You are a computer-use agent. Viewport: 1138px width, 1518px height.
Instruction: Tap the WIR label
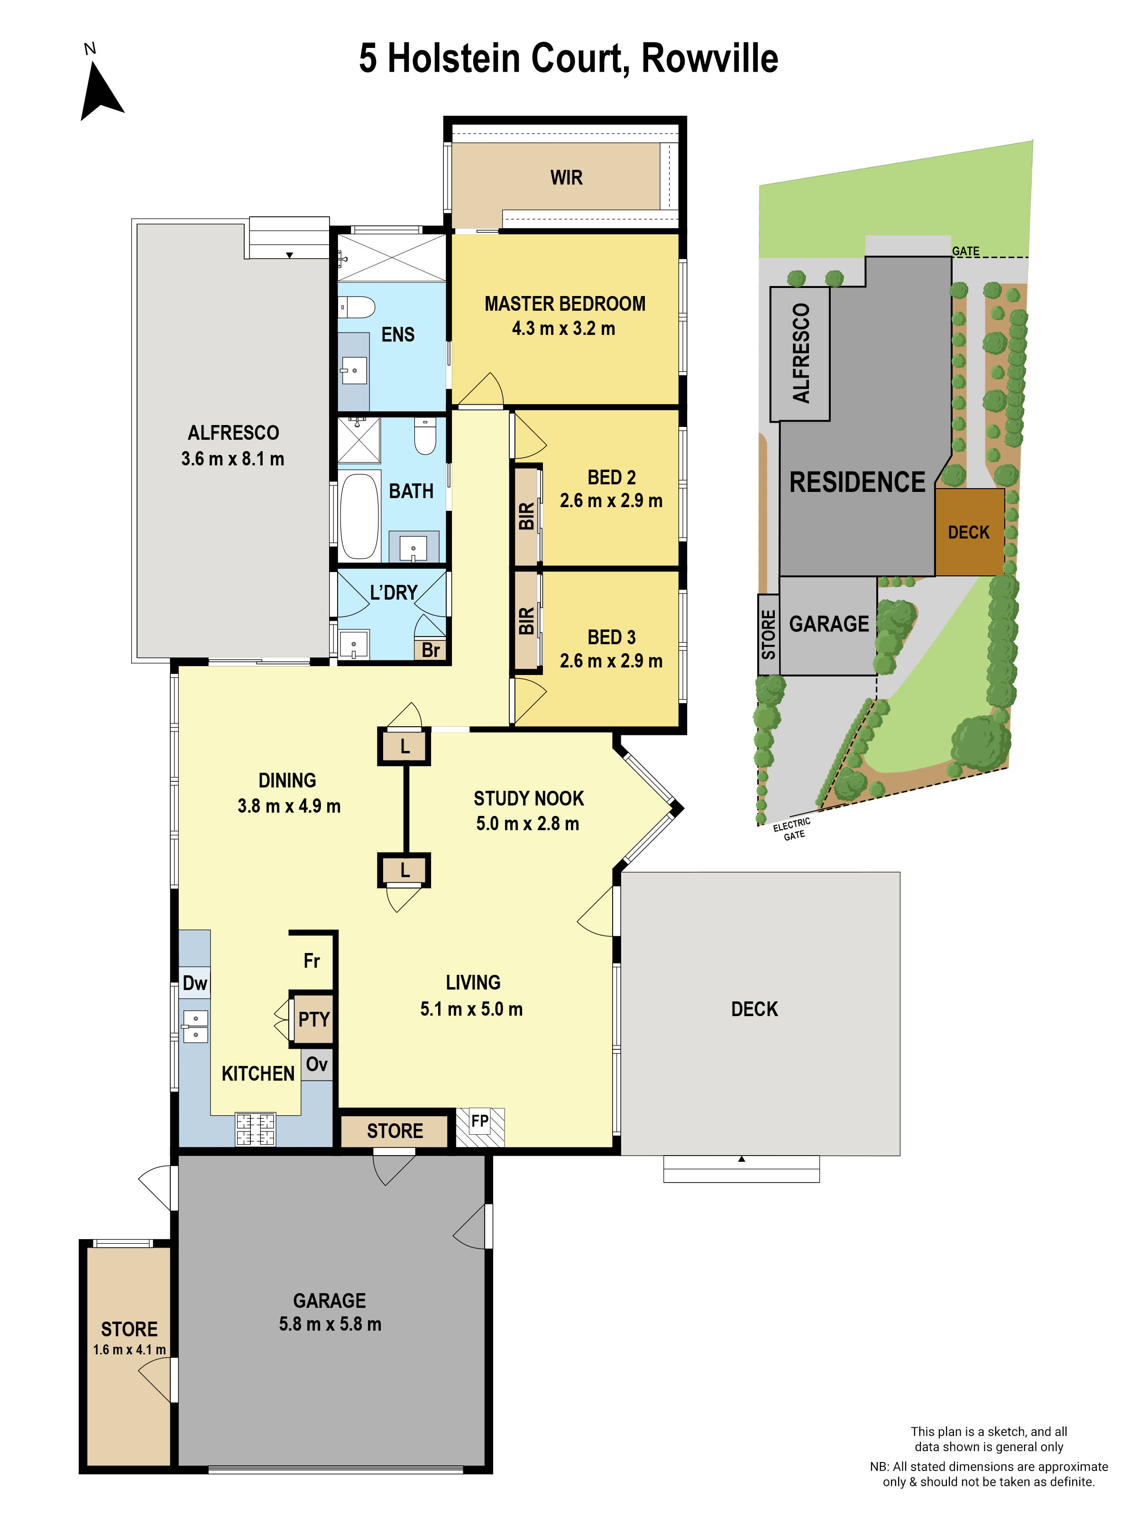tap(566, 178)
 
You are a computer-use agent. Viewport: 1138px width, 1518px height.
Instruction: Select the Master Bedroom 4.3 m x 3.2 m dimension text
tap(563, 329)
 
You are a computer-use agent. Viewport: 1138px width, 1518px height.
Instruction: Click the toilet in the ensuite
tap(358, 306)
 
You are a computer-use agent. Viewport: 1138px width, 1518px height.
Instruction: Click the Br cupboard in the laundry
tap(430, 649)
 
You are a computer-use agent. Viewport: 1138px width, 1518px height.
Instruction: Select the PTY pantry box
tap(313, 1019)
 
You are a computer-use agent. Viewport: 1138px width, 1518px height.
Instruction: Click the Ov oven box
tap(316, 1064)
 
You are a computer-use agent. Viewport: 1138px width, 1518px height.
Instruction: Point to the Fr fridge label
tap(312, 961)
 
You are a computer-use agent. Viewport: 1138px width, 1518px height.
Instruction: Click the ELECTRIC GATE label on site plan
tap(792, 828)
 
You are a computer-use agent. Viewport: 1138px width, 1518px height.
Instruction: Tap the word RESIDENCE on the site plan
tap(857, 482)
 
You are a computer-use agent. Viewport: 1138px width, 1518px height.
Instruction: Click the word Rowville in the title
tap(709, 58)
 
